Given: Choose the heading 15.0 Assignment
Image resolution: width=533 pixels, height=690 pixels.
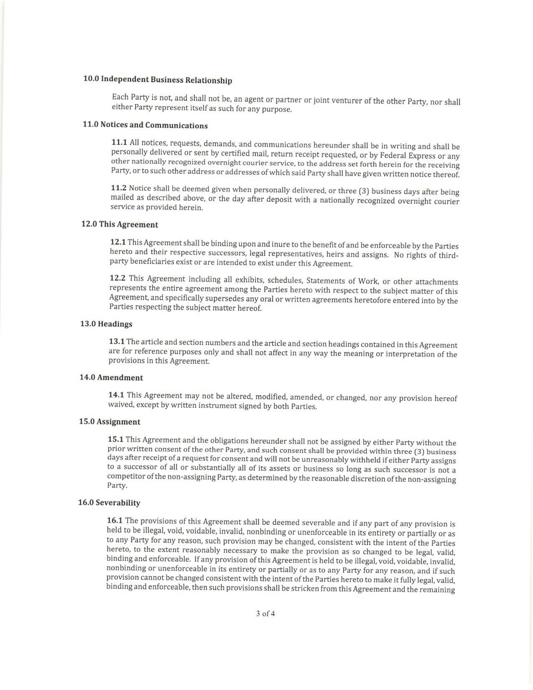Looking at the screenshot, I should [109, 421].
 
